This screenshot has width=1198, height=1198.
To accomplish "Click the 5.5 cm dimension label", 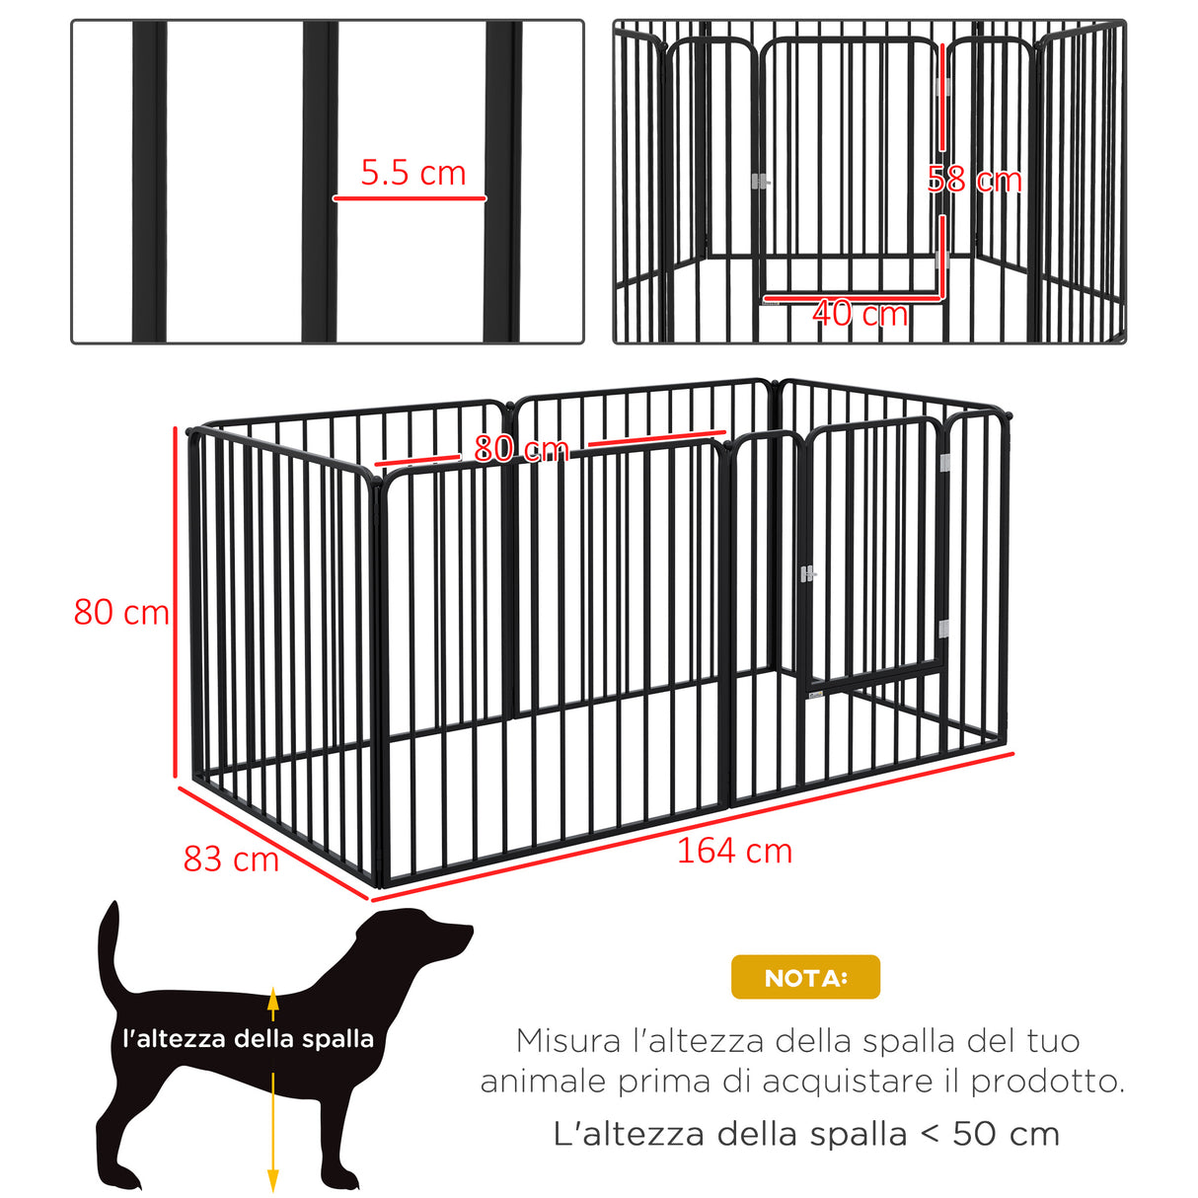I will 412,173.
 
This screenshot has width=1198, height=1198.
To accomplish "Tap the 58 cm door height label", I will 974,180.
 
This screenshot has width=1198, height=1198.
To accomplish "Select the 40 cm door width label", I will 860,314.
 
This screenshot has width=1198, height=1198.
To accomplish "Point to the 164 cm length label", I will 734,851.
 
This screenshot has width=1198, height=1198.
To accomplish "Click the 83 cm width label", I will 231,859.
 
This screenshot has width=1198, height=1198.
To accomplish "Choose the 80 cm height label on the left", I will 121,612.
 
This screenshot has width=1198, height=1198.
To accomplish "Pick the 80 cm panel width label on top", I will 521,449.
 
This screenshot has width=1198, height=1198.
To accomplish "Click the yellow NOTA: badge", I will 805,977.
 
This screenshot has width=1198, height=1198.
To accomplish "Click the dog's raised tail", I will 109,947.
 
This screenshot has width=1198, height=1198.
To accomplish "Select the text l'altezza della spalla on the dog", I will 248,1038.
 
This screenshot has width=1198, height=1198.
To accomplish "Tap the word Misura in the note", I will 568,1040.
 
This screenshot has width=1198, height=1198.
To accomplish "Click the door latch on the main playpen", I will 808,573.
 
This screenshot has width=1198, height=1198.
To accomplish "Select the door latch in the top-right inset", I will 760,182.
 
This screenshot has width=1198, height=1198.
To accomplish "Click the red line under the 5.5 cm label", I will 410,198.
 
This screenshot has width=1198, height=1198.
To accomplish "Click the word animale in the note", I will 543,1082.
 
